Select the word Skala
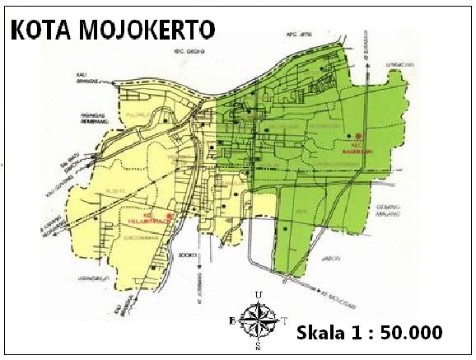[x=322, y=333]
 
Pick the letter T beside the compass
[x=285, y=320]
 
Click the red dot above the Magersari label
[x=360, y=135]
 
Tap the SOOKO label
[x=189, y=256]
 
